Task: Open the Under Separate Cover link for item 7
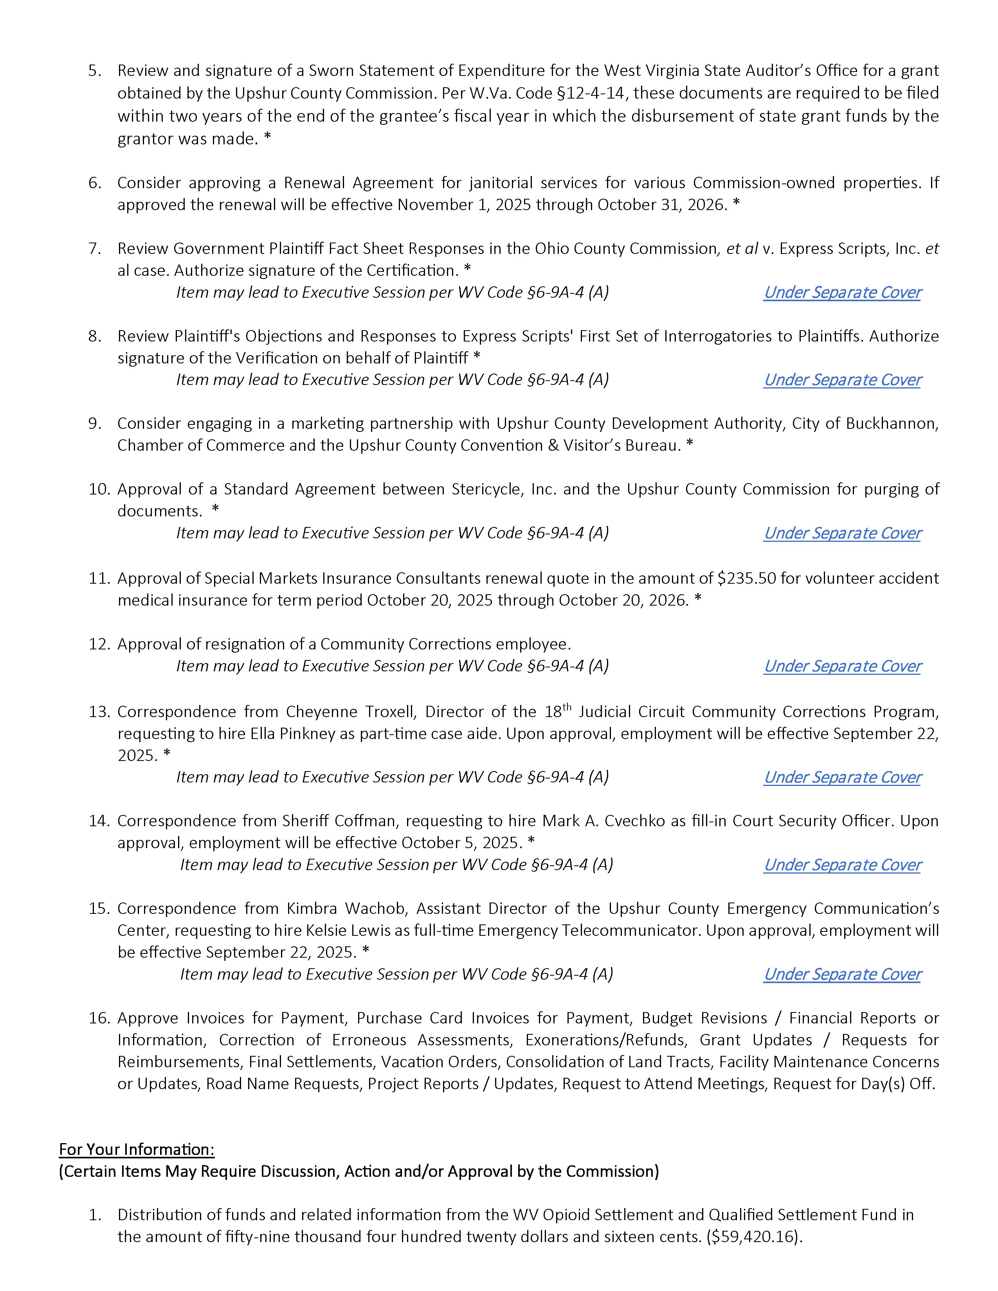(843, 293)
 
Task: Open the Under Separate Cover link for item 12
(843, 666)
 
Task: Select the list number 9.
(95, 424)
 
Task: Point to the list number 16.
(99, 1018)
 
